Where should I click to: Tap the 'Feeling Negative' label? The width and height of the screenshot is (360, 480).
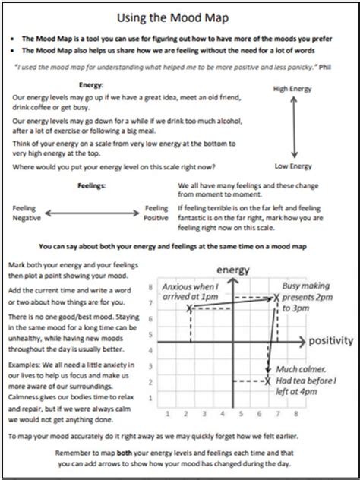pyautogui.click(x=25, y=212)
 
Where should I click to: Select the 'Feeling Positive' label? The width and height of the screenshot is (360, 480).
pyautogui.click(x=156, y=212)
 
